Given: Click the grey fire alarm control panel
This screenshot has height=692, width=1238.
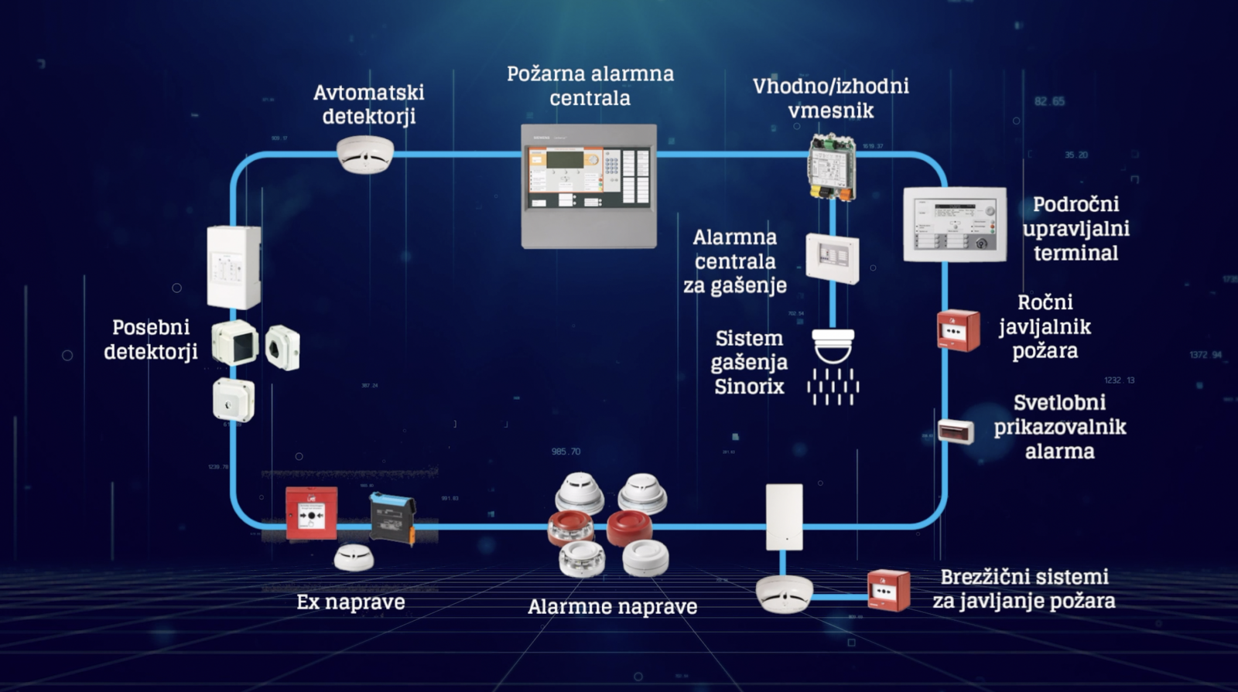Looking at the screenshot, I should [589, 186].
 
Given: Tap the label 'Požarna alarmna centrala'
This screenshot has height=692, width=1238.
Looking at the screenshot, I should [590, 86].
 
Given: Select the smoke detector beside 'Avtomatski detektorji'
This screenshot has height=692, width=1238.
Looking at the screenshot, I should [365, 154].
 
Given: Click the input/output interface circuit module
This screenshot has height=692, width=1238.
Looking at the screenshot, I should [832, 167].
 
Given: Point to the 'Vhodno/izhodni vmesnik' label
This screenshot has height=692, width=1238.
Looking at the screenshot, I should [831, 98].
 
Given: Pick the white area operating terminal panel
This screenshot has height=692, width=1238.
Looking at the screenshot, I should [955, 224].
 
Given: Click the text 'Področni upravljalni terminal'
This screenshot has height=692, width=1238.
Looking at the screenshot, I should [1076, 228].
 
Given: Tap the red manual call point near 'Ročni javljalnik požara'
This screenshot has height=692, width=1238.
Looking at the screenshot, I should [958, 330].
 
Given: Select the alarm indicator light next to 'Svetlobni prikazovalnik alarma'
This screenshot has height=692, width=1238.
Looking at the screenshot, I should [956, 431].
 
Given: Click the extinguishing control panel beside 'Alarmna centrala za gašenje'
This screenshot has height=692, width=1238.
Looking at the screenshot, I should [832, 258].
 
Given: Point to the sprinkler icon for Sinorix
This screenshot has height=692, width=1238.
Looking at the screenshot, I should [833, 366].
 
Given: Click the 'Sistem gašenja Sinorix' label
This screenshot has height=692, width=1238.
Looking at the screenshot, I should [749, 362].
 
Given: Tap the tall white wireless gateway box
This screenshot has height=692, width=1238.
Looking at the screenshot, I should [784, 516].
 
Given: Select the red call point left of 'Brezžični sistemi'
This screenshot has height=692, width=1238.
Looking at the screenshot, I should [888, 591].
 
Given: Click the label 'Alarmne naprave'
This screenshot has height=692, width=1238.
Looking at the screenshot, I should [612, 607].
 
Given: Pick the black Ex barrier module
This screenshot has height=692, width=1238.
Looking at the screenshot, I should [392, 518].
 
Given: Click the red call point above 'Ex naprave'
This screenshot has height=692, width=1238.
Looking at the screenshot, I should [311, 513].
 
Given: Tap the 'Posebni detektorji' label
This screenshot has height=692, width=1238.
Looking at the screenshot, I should [151, 339].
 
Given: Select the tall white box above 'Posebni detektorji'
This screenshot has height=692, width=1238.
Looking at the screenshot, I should [234, 267].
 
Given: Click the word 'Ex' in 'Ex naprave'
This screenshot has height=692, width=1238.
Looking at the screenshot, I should [308, 602].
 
